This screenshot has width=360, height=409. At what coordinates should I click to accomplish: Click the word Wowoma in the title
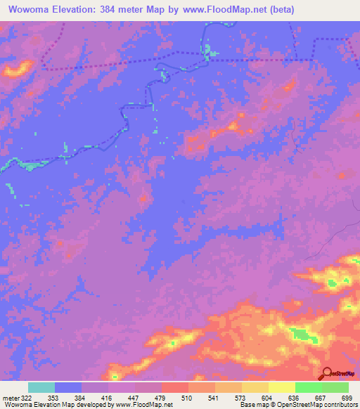29,10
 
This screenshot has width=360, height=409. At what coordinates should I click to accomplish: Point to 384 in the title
110,10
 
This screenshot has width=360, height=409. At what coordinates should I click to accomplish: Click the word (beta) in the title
278,10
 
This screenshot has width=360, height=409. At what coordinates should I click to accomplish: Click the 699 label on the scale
347,397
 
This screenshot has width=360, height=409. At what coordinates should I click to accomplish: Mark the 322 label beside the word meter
26,397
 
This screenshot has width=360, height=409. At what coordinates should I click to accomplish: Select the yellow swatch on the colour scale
282,387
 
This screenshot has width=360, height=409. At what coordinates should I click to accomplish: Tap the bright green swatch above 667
309,387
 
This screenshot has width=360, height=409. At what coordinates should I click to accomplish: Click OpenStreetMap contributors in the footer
320,405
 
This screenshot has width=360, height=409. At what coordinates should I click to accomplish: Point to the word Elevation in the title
74,10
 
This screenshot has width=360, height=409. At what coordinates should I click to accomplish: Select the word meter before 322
9,397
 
